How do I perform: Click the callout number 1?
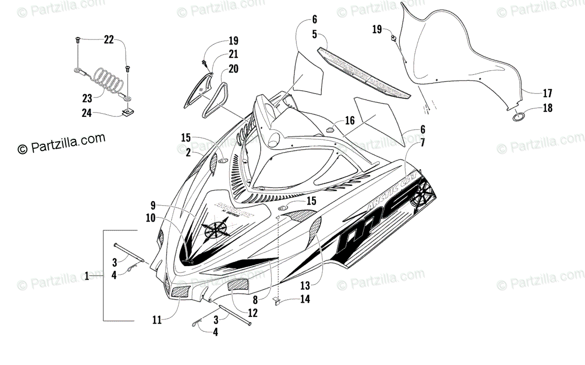click(87, 276)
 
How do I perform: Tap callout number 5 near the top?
click(314, 35)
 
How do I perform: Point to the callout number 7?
click(422, 143)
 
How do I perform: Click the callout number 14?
click(305, 300)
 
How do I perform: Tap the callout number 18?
click(547, 108)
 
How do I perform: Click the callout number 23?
click(87, 98)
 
